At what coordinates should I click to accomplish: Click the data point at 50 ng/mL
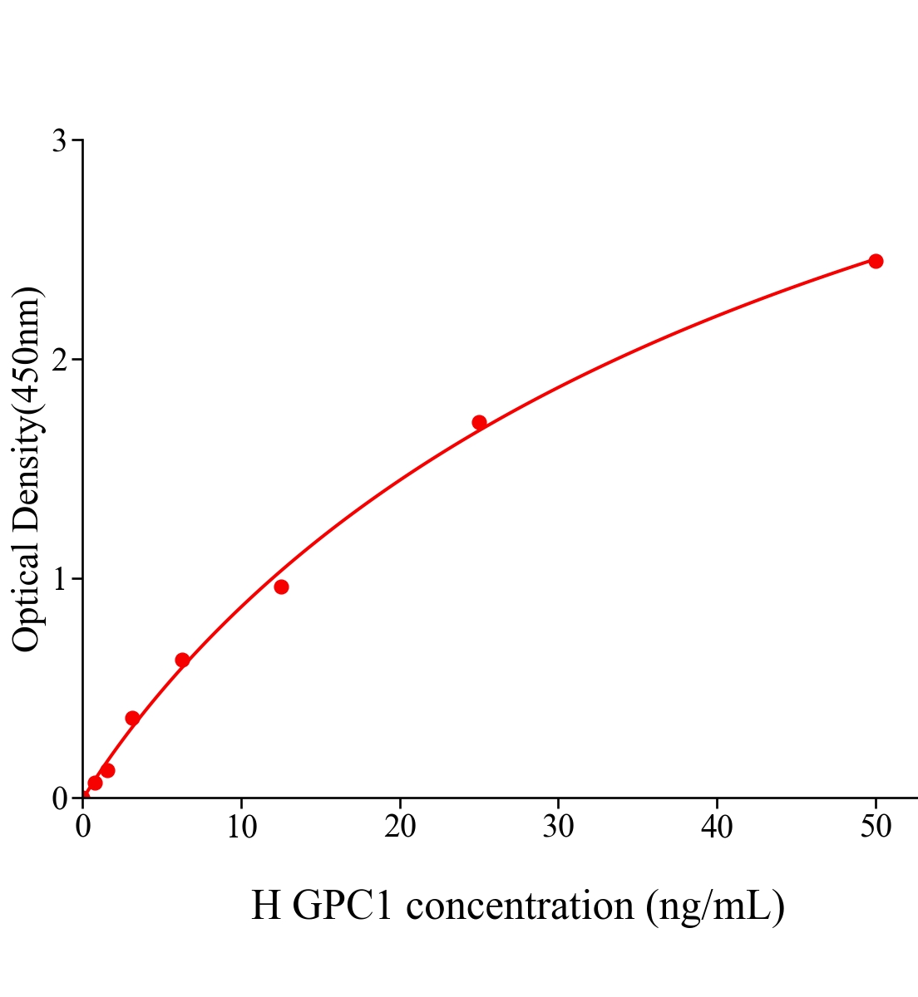pos(876,261)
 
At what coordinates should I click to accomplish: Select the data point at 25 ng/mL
pos(479,422)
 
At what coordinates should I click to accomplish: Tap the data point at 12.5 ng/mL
pos(281,587)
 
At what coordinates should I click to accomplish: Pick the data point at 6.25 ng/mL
pos(182,660)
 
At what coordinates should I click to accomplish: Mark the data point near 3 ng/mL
pos(132,718)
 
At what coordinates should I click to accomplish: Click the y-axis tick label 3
pos(59,141)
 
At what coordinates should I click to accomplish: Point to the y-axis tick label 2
pos(59,360)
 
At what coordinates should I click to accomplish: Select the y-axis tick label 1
pos(59,579)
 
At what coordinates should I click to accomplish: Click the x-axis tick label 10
pos(241,828)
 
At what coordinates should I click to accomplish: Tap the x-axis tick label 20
pos(400,828)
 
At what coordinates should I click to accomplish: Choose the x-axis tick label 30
pos(558,828)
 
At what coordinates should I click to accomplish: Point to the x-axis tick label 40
pos(717,828)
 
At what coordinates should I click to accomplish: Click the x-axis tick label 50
pos(876,828)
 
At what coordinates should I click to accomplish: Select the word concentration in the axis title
pos(520,906)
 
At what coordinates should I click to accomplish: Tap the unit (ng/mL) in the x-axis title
pos(715,906)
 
